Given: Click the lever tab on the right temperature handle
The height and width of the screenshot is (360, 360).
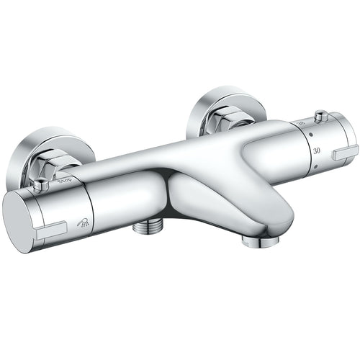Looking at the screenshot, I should pos(345,152).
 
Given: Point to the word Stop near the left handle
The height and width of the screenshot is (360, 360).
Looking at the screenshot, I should pos(66,176).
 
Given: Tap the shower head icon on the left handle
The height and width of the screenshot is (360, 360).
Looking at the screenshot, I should pos(86,224).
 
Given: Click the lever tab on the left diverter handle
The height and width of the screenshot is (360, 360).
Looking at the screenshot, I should pos(50,231).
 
